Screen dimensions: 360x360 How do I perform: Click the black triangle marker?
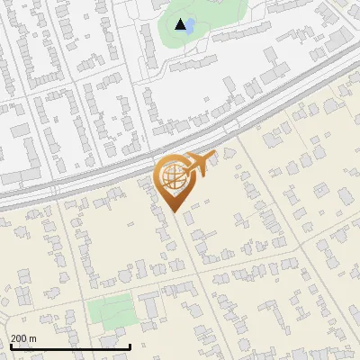point(182,24)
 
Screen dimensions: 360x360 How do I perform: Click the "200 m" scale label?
point(22,338)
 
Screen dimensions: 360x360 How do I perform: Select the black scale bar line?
point(70,346)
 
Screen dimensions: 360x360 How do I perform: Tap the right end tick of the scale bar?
point(130,346)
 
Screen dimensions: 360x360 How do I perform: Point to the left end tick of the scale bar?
point(11,346)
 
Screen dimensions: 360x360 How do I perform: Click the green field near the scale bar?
point(111,312)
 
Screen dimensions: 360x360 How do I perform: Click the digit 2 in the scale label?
point(13,338)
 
